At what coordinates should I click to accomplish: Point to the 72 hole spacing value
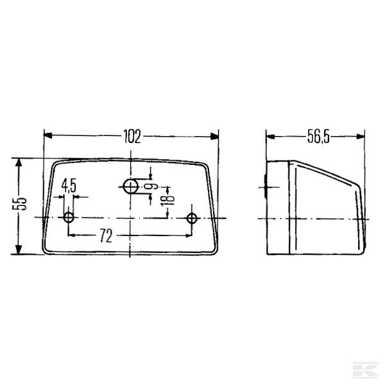(x=106, y=236)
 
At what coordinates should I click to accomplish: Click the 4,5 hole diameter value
(x=69, y=185)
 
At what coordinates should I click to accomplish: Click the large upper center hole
(x=131, y=187)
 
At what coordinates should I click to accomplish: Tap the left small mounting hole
(x=69, y=218)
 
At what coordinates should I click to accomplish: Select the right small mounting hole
(x=191, y=218)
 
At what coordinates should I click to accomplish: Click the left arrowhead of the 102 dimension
(x=48, y=135)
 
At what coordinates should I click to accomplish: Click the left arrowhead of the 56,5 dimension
(x=271, y=135)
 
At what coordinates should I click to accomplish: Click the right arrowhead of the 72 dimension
(x=186, y=236)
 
